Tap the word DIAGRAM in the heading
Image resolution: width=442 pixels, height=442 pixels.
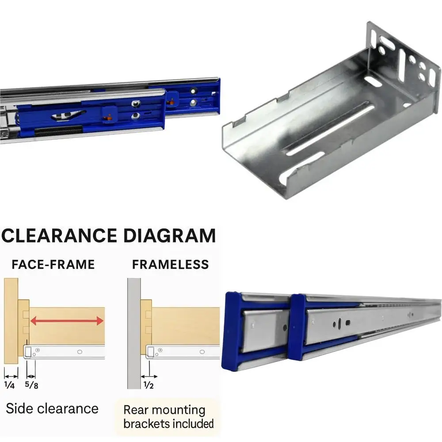point(169,236)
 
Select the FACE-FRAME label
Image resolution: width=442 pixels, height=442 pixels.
point(53,264)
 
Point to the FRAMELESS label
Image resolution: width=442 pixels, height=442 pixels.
point(170,264)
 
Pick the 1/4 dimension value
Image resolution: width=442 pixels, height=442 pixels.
point(10,385)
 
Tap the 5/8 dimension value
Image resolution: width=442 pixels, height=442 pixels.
point(31,385)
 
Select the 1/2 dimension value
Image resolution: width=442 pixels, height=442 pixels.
point(149,385)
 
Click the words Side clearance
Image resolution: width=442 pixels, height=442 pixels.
point(52,408)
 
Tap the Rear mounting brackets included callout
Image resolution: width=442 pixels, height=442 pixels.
point(168,417)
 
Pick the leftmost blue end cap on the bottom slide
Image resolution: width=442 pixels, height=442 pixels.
point(233,327)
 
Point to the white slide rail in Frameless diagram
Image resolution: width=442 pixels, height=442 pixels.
point(186,352)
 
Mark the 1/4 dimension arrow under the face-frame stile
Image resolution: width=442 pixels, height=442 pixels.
point(11,376)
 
